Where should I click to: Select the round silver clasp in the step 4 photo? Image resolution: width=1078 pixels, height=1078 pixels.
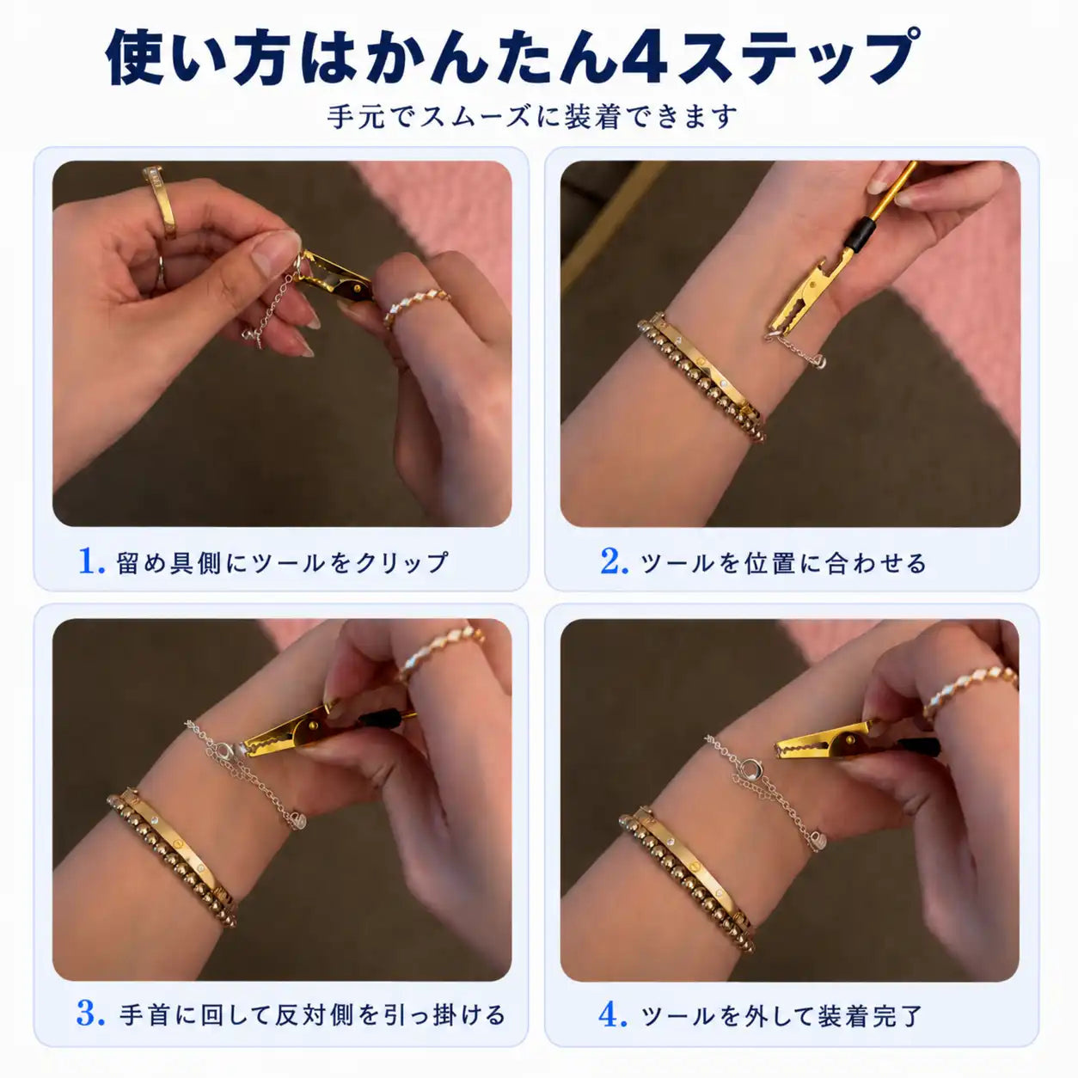[x=750, y=769]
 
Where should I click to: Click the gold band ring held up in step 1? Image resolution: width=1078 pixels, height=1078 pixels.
[x=161, y=201]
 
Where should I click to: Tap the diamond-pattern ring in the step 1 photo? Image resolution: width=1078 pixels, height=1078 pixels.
[x=417, y=305]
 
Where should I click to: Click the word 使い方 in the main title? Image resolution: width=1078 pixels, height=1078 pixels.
[x=199, y=58]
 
